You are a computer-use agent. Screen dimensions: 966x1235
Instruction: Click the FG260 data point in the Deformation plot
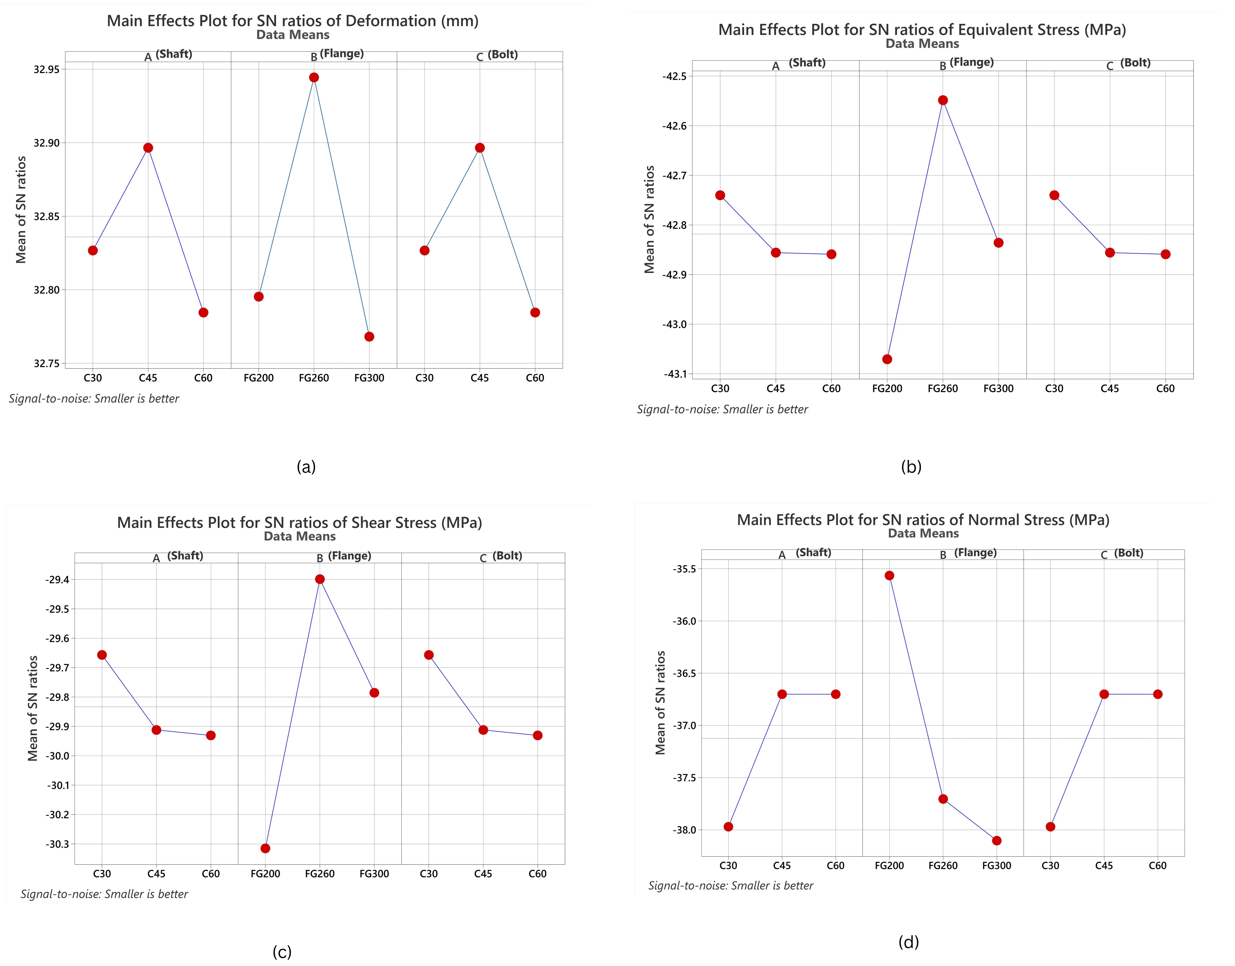point(314,78)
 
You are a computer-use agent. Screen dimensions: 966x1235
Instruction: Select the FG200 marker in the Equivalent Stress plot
point(887,359)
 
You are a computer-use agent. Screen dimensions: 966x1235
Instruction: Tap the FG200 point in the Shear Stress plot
point(265,848)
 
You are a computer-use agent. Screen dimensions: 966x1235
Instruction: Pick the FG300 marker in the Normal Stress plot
point(996,840)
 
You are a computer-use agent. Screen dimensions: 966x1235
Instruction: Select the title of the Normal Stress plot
point(923,520)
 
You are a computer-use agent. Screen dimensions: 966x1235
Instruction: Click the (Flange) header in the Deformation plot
point(341,54)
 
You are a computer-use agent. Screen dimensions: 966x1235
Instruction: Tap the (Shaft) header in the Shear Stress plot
point(185,556)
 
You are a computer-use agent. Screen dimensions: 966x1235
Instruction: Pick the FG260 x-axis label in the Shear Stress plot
point(320,874)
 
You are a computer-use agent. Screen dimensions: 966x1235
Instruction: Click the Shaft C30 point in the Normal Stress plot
point(728,827)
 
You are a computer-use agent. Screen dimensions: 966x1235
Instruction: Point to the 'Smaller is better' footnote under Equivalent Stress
point(722,409)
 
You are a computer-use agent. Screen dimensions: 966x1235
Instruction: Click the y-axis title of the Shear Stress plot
point(33,708)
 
